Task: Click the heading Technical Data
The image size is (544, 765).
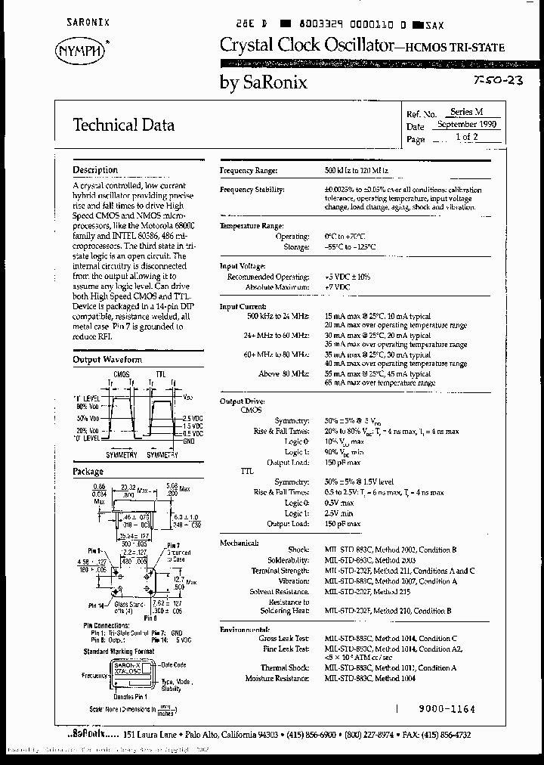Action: click(123, 125)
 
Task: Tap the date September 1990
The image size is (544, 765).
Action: click(466, 125)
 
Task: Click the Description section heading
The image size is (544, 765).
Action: click(95, 170)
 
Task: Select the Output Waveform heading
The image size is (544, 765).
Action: click(107, 360)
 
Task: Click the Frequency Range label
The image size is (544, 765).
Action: click(248, 172)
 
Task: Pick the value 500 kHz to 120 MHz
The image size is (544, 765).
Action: click(362, 172)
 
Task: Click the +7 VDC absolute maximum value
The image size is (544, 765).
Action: click(338, 288)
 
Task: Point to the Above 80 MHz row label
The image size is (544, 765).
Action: click(284, 373)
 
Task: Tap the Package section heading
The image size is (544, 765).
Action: click(88, 472)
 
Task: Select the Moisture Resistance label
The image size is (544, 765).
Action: click(277, 679)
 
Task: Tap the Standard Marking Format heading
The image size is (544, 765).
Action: click(119, 651)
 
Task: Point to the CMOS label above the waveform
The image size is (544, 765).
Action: click(121, 374)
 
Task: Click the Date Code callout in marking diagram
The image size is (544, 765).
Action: click(175, 665)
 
